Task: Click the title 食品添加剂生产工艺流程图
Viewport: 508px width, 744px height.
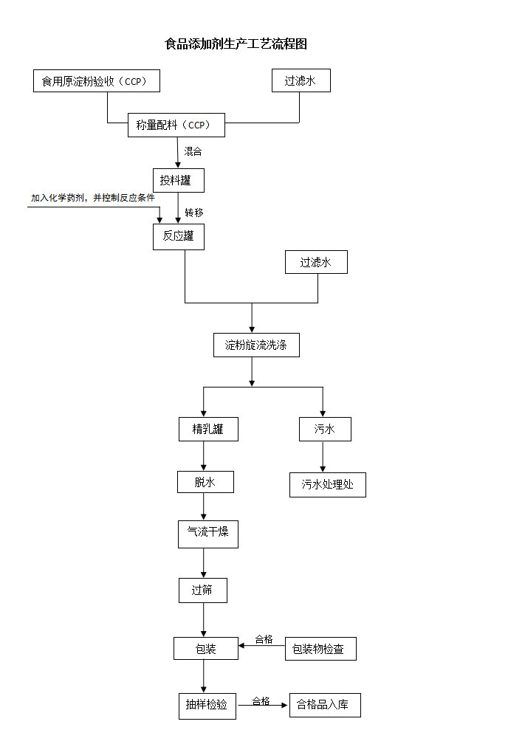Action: (236, 44)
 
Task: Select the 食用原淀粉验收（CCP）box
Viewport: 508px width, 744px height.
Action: (96, 81)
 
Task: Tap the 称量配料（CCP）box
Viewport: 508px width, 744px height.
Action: (176, 125)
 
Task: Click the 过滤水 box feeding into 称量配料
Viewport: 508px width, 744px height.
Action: (301, 81)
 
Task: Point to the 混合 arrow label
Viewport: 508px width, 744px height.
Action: (193, 151)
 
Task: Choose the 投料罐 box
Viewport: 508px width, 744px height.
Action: (177, 180)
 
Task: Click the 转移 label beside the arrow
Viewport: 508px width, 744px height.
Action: (194, 213)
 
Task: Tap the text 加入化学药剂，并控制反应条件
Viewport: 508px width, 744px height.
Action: (92, 198)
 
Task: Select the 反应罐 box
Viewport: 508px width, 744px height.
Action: (178, 237)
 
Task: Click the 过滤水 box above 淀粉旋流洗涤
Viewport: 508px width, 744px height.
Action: (316, 262)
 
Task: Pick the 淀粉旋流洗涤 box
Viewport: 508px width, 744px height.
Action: (256, 345)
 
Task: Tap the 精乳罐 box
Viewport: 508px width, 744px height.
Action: (208, 429)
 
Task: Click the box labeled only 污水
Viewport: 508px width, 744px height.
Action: (325, 429)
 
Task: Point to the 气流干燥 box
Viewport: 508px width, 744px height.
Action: (208, 534)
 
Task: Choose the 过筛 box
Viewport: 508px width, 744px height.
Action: (202, 590)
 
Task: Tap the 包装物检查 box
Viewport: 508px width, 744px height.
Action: (320, 649)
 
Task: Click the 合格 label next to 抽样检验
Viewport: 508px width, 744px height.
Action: (261, 700)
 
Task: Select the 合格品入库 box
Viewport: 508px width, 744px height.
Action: (325, 705)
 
